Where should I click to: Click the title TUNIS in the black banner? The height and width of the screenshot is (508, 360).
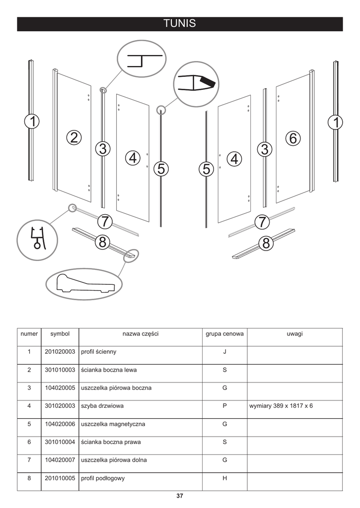tap(180, 24)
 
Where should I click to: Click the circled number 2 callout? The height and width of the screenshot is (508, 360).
tap(73, 138)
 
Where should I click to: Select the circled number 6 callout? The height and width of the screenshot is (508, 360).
tap(292, 138)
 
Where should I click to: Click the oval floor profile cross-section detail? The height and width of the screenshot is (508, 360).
tap(84, 284)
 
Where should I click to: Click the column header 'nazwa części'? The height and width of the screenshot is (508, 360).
tap(141, 334)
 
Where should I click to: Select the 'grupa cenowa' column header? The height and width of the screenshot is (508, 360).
tap(224, 334)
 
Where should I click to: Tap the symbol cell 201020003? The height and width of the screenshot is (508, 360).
tap(60, 352)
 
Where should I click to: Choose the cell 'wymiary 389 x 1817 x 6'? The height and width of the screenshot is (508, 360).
tap(281, 406)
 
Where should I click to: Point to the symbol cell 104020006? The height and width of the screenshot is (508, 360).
tap(60, 424)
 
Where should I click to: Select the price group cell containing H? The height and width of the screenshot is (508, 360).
tap(224, 478)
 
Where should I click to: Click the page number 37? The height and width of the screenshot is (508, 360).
tap(180, 496)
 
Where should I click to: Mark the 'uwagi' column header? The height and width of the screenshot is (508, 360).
tap(294, 334)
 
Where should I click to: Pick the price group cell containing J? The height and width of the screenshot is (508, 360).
tap(224, 352)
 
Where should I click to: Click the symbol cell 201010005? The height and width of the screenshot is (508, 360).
tap(60, 478)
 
